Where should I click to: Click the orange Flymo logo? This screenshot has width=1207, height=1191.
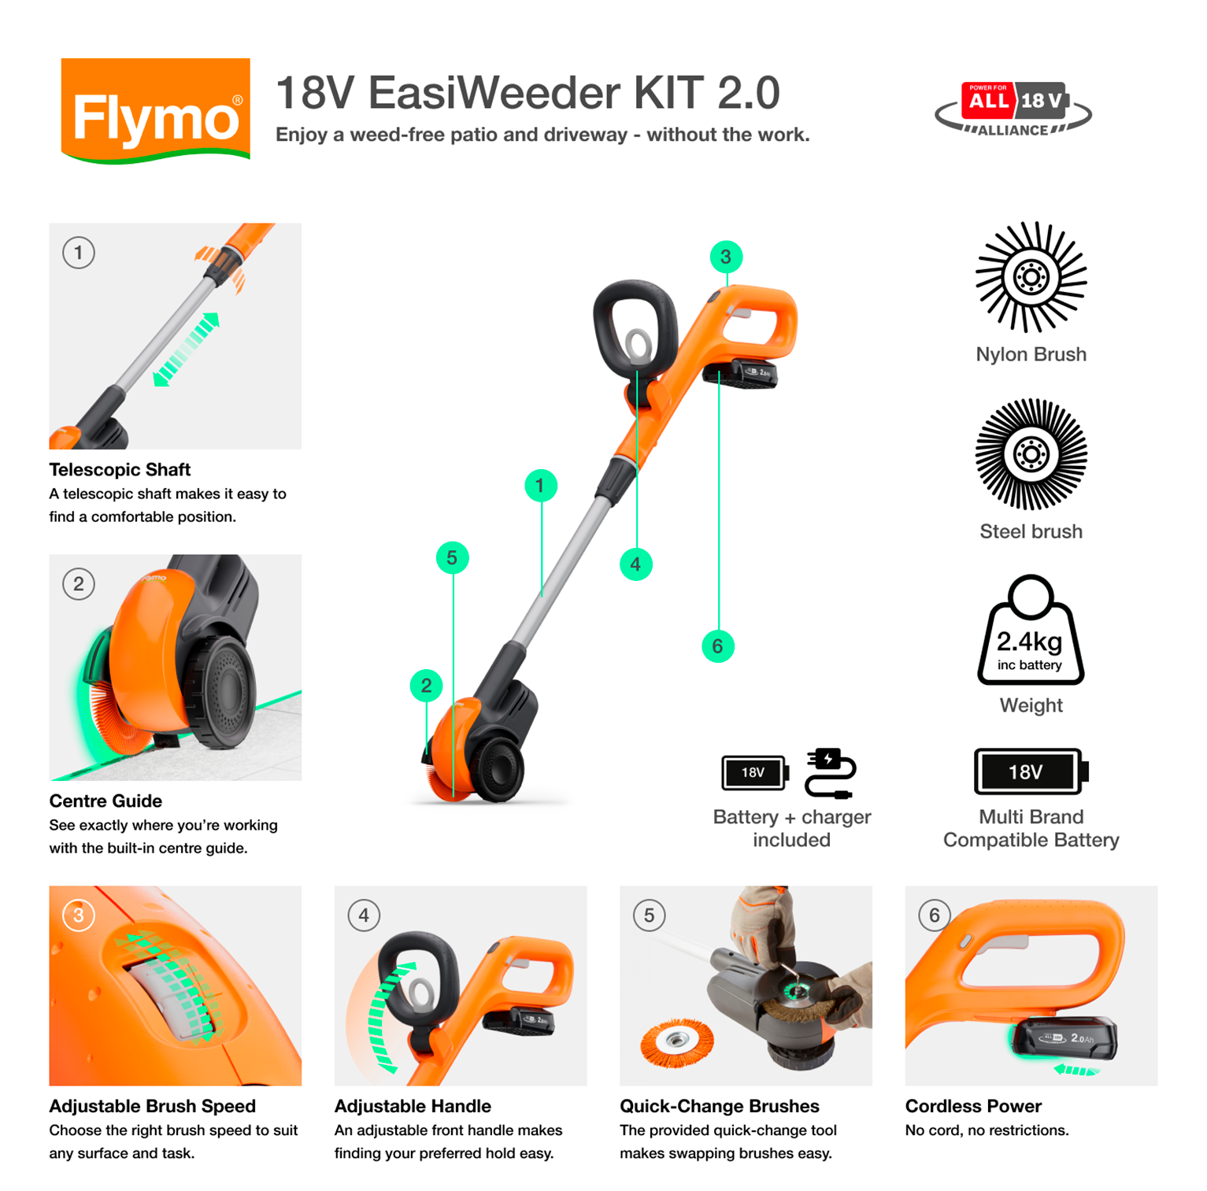click(x=155, y=111)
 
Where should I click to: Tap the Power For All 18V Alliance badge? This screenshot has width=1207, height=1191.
click(x=1013, y=109)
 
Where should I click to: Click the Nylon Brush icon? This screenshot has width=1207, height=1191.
click(x=1031, y=277)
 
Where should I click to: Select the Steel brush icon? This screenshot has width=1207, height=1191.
click(x=1031, y=454)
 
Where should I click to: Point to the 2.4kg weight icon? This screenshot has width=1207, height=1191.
click(x=1030, y=631)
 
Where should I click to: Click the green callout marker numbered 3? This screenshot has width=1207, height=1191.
click(x=725, y=257)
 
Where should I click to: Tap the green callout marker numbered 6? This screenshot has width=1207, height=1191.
click(x=717, y=646)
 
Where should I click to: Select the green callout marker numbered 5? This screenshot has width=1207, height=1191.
click(x=452, y=558)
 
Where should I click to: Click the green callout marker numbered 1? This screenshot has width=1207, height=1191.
click(x=540, y=486)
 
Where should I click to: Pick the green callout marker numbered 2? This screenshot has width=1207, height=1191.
click(x=426, y=686)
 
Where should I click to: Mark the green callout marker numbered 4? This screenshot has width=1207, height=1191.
click(x=635, y=564)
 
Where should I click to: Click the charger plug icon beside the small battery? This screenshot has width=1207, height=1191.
click(x=830, y=773)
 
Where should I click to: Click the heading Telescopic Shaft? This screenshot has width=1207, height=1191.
click(x=120, y=470)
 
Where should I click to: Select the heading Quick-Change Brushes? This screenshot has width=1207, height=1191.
click(x=719, y=1106)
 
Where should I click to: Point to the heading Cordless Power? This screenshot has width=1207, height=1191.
click(x=972, y=1106)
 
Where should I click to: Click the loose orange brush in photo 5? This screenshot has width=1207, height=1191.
click(x=676, y=1042)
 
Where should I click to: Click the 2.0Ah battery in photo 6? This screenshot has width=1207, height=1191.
click(x=1064, y=1038)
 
